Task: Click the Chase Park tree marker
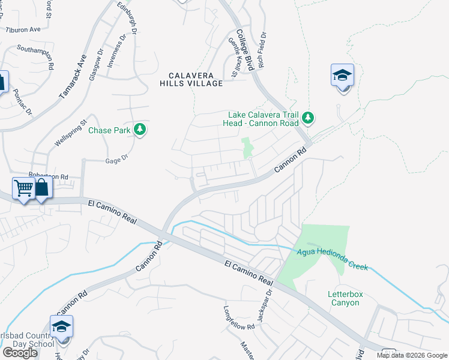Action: pyautogui.click(x=140, y=129)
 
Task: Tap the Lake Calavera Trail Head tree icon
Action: pyautogui.click(x=308, y=117)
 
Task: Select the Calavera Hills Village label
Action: pyautogui.click(x=196, y=79)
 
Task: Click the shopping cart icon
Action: pyautogui.click(x=23, y=188)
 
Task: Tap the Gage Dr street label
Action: pyautogui.click(x=117, y=158)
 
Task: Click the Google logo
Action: pyautogui.click(x=20, y=353)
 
